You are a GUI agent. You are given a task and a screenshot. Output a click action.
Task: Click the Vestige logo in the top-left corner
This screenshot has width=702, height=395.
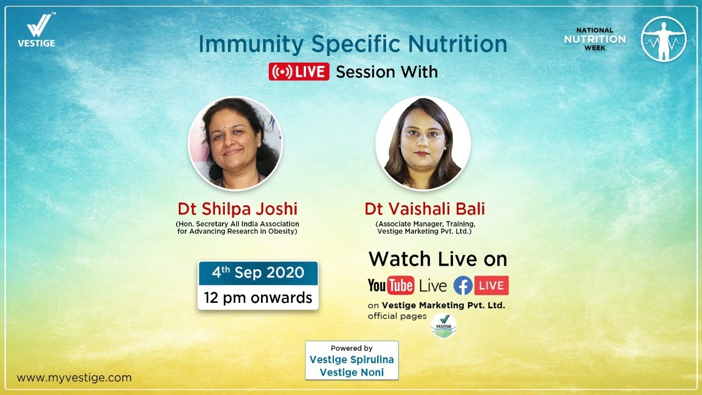(x=37, y=30)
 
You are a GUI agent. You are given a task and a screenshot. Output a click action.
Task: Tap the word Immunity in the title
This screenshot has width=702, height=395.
(x=251, y=44)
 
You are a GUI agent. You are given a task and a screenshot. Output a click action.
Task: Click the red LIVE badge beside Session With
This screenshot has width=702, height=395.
(x=299, y=71)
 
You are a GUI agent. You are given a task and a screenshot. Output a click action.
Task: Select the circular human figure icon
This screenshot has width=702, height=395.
(x=664, y=39)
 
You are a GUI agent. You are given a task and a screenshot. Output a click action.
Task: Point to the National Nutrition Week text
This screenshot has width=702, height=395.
(x=595, y=39)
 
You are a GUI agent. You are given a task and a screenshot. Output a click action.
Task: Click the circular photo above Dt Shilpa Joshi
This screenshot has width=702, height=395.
(x=235, y=143)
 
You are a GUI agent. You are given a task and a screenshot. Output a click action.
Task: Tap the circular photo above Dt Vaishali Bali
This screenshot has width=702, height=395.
(x=423, y=143)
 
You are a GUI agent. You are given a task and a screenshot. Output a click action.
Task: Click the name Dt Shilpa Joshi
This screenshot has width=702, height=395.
(x=237, y=209)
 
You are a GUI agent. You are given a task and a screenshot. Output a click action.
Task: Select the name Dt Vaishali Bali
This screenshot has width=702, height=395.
(x=424, y=209)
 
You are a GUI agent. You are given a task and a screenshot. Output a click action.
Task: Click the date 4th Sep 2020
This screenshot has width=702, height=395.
(x=258, y=273)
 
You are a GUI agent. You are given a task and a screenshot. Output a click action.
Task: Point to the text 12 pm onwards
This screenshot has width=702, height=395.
(x=258, y=297)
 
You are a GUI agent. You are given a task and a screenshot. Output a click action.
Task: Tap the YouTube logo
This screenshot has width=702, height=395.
(x=391, y=285)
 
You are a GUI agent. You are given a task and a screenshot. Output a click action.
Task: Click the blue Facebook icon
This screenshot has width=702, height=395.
(x=463, y=285)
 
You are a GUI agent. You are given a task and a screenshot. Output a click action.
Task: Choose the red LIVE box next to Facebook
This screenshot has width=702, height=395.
(x=491, y=285)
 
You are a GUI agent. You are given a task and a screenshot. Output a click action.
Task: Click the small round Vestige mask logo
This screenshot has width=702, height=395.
(x=444, y=326)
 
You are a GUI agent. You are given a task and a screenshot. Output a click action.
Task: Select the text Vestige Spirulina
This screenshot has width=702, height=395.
(x=352, y=359)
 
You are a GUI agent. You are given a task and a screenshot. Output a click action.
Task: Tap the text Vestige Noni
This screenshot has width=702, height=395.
(x=352, y=373)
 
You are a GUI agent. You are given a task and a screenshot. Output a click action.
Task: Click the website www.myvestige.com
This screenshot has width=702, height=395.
(x=74, y=378)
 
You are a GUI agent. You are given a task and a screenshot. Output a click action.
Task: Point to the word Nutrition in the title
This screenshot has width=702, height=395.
(x=457, y=44)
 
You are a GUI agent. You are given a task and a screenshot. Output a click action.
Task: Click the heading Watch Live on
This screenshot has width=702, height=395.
(x=438, y=259)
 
